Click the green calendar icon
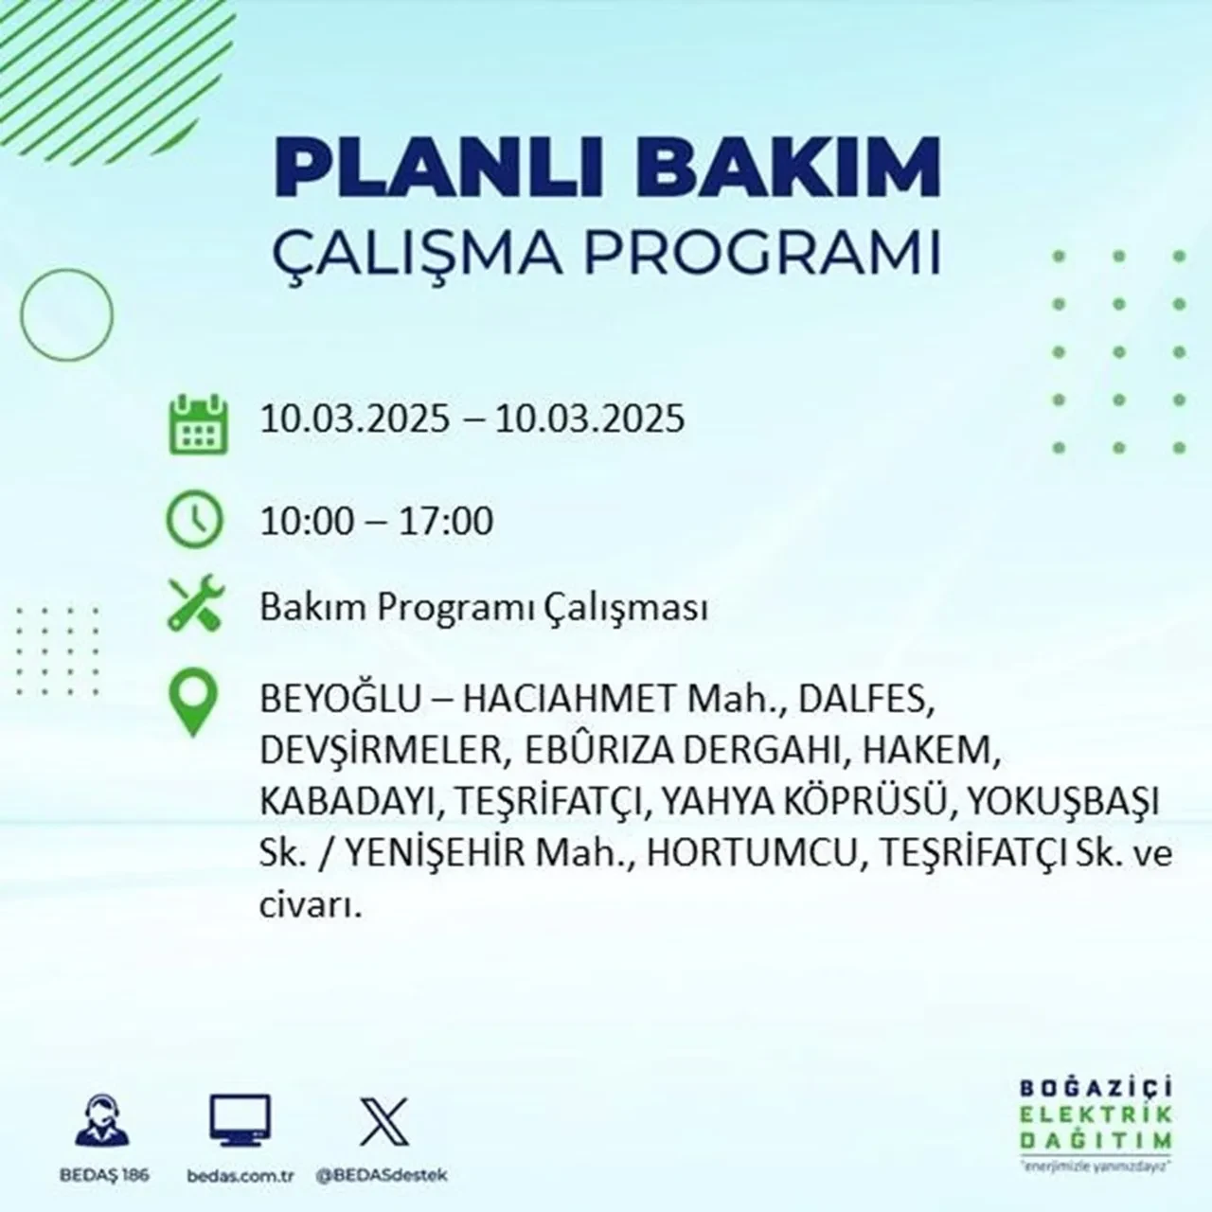pyautogui.click(x=197, y=421)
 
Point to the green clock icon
pyautogui.click(x=194, y=520)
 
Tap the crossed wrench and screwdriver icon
pyautogui.click(x=194, y=606)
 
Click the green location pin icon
pyautogui.click(x=193, y=705)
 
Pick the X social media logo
pyautogui.click(x=383, y=1121)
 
